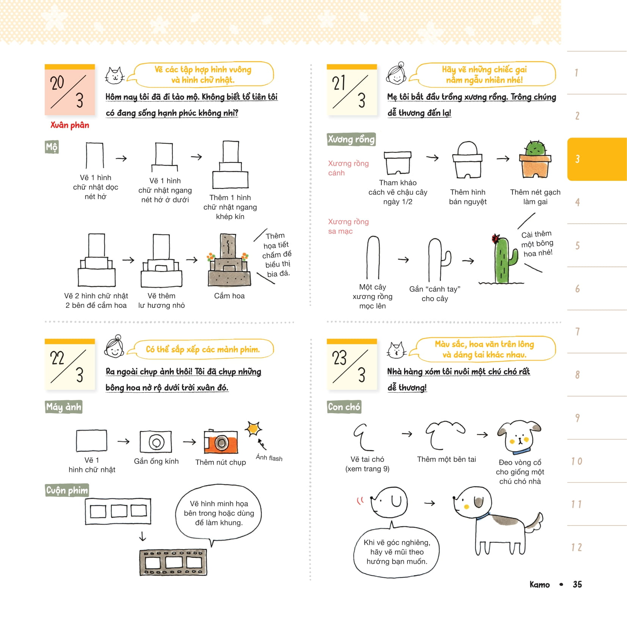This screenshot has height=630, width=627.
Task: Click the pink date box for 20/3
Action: tap(70, 90)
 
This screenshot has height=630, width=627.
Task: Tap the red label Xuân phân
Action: tap(70, 125)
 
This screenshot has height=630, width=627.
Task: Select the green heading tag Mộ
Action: tap(52, 147)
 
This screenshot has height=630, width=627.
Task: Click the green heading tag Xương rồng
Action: tap(351, 139)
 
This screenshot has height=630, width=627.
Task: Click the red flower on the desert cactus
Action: tap(495, 238)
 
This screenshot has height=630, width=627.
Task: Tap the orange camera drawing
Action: tap(221, 442)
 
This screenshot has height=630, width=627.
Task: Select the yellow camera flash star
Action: tap(253, 429)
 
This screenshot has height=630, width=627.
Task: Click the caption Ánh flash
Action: tap(269, 458)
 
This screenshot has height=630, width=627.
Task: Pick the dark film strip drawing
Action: tap(173, 563)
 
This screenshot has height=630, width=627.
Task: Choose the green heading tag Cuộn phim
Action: tap(67, 490)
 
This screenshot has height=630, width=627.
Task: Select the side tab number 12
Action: tap(577, 547)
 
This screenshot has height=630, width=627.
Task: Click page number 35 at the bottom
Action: tap(577, 584)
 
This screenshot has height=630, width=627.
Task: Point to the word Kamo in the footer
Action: tap(539, 585)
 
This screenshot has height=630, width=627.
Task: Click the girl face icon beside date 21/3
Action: tap(397, 74)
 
